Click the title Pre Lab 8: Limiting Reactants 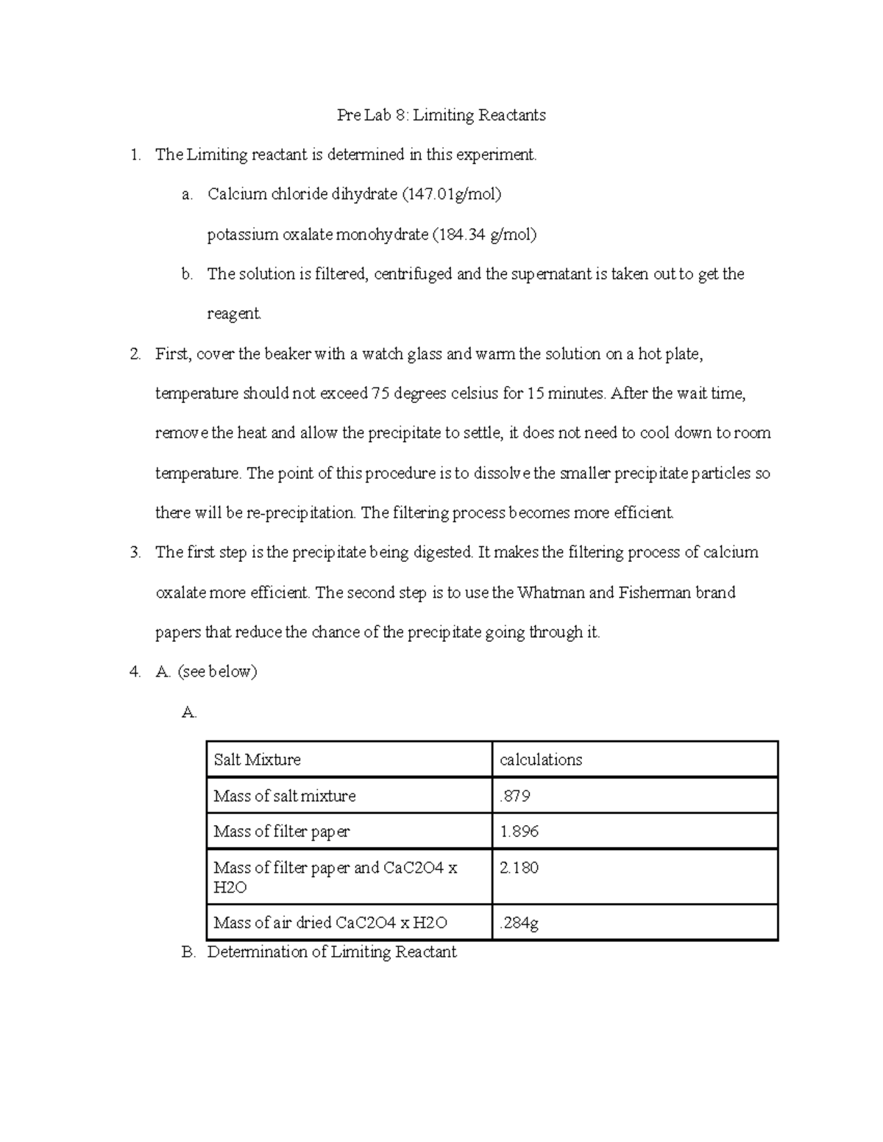pos(441,115)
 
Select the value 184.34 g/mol pos(483,235)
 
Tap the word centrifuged pos(413,274)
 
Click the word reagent pos(233,314)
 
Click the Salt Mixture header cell pos(257,760)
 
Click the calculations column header pos(541,760)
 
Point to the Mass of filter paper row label pos(281,832)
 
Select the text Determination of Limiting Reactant pos(332,952)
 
